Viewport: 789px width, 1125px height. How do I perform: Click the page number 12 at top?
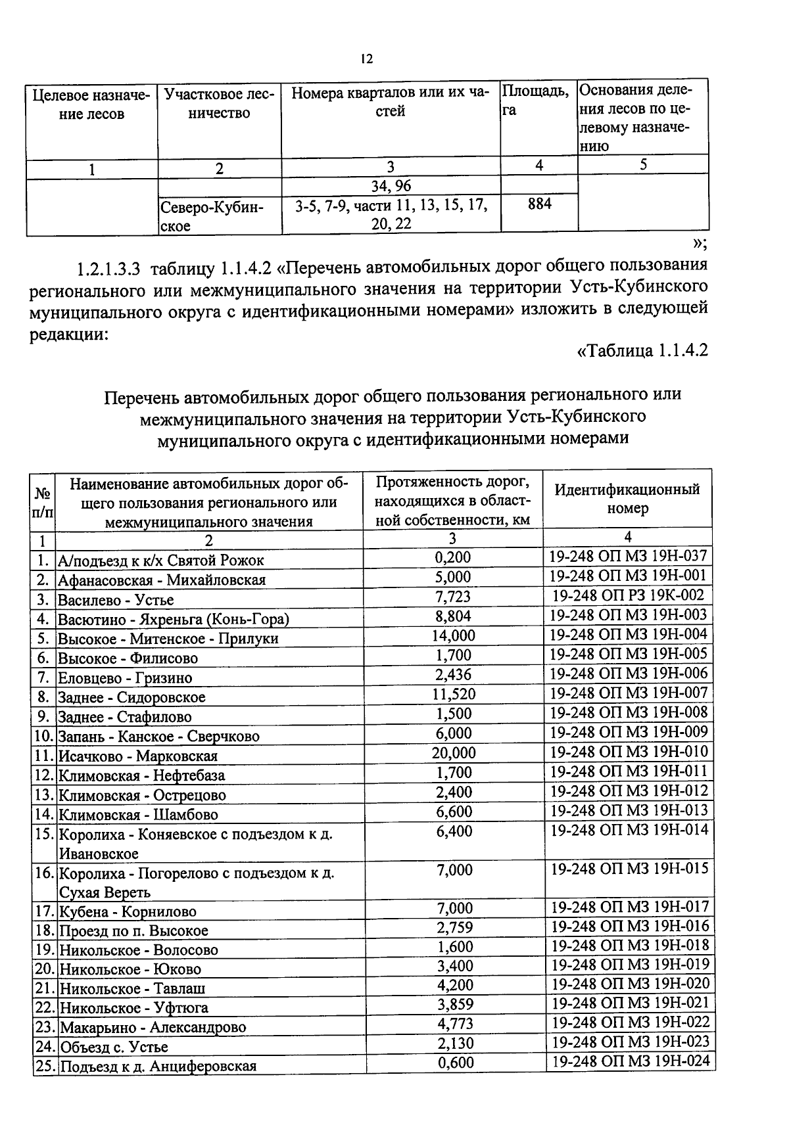(367, 60)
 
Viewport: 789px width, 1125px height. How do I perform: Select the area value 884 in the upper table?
(539, 204)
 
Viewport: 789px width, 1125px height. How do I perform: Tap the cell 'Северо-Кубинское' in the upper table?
(212, 216)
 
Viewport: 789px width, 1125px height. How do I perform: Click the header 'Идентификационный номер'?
(627, 499)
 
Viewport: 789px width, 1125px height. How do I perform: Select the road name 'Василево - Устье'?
(116, 600)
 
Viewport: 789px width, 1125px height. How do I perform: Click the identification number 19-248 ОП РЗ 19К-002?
(628, 595)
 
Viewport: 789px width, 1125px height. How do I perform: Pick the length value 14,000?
(453, 635)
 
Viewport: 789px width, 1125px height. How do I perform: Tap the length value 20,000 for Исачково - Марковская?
(453, 752)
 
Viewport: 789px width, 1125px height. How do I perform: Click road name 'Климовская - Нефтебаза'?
(142, 776)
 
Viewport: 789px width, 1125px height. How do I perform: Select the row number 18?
(44, 931)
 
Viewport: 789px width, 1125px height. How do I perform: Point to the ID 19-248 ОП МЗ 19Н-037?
(628, 557)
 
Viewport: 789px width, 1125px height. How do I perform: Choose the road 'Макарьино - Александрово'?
(153, 1028)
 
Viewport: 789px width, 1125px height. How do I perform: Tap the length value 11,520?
(453, 694)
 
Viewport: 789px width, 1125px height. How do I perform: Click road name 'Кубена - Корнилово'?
(128, 912)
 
